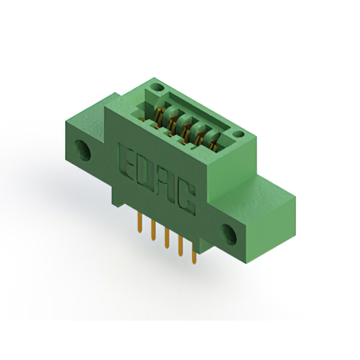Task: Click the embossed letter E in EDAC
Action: (x=128, y=158)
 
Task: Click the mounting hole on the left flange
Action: (x=85, y=151)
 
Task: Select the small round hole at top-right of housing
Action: (x=238, y=134)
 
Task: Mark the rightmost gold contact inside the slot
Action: (x=213, y=143)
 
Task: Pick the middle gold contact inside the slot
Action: (x=186, y=128)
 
